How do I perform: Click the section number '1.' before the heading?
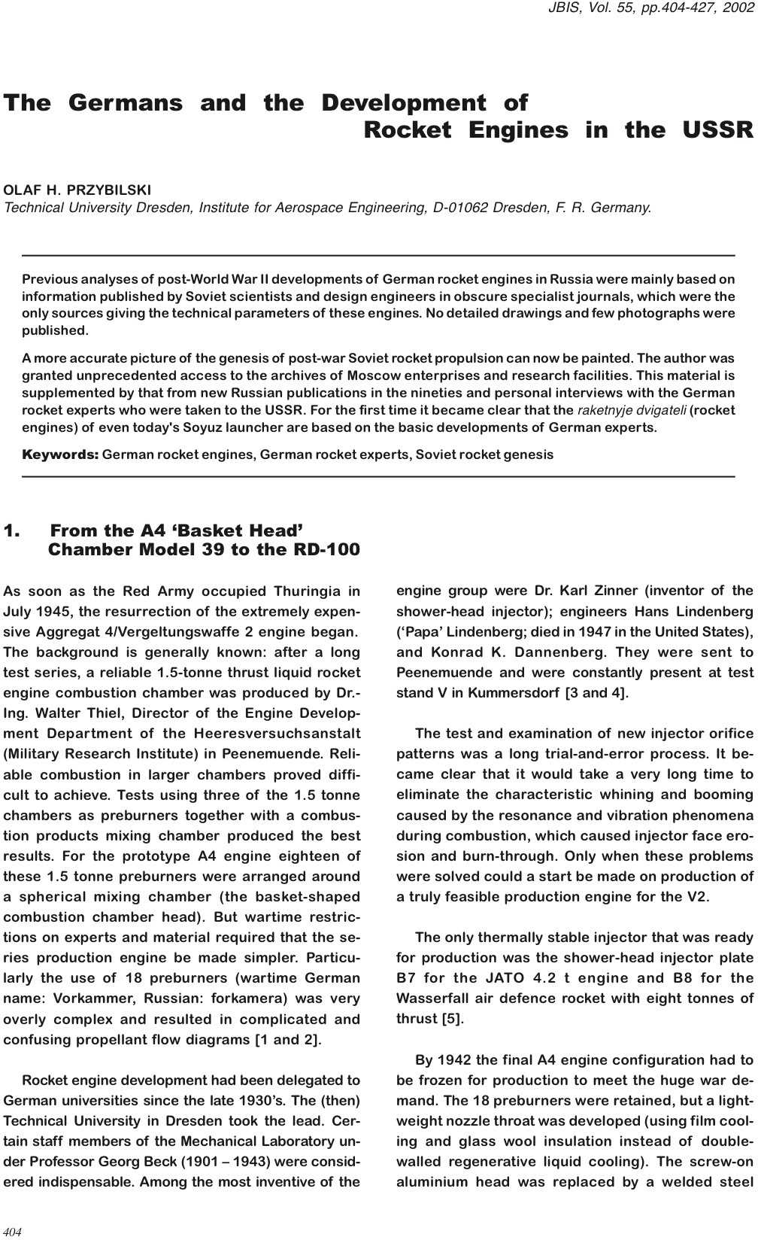point(12,531)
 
